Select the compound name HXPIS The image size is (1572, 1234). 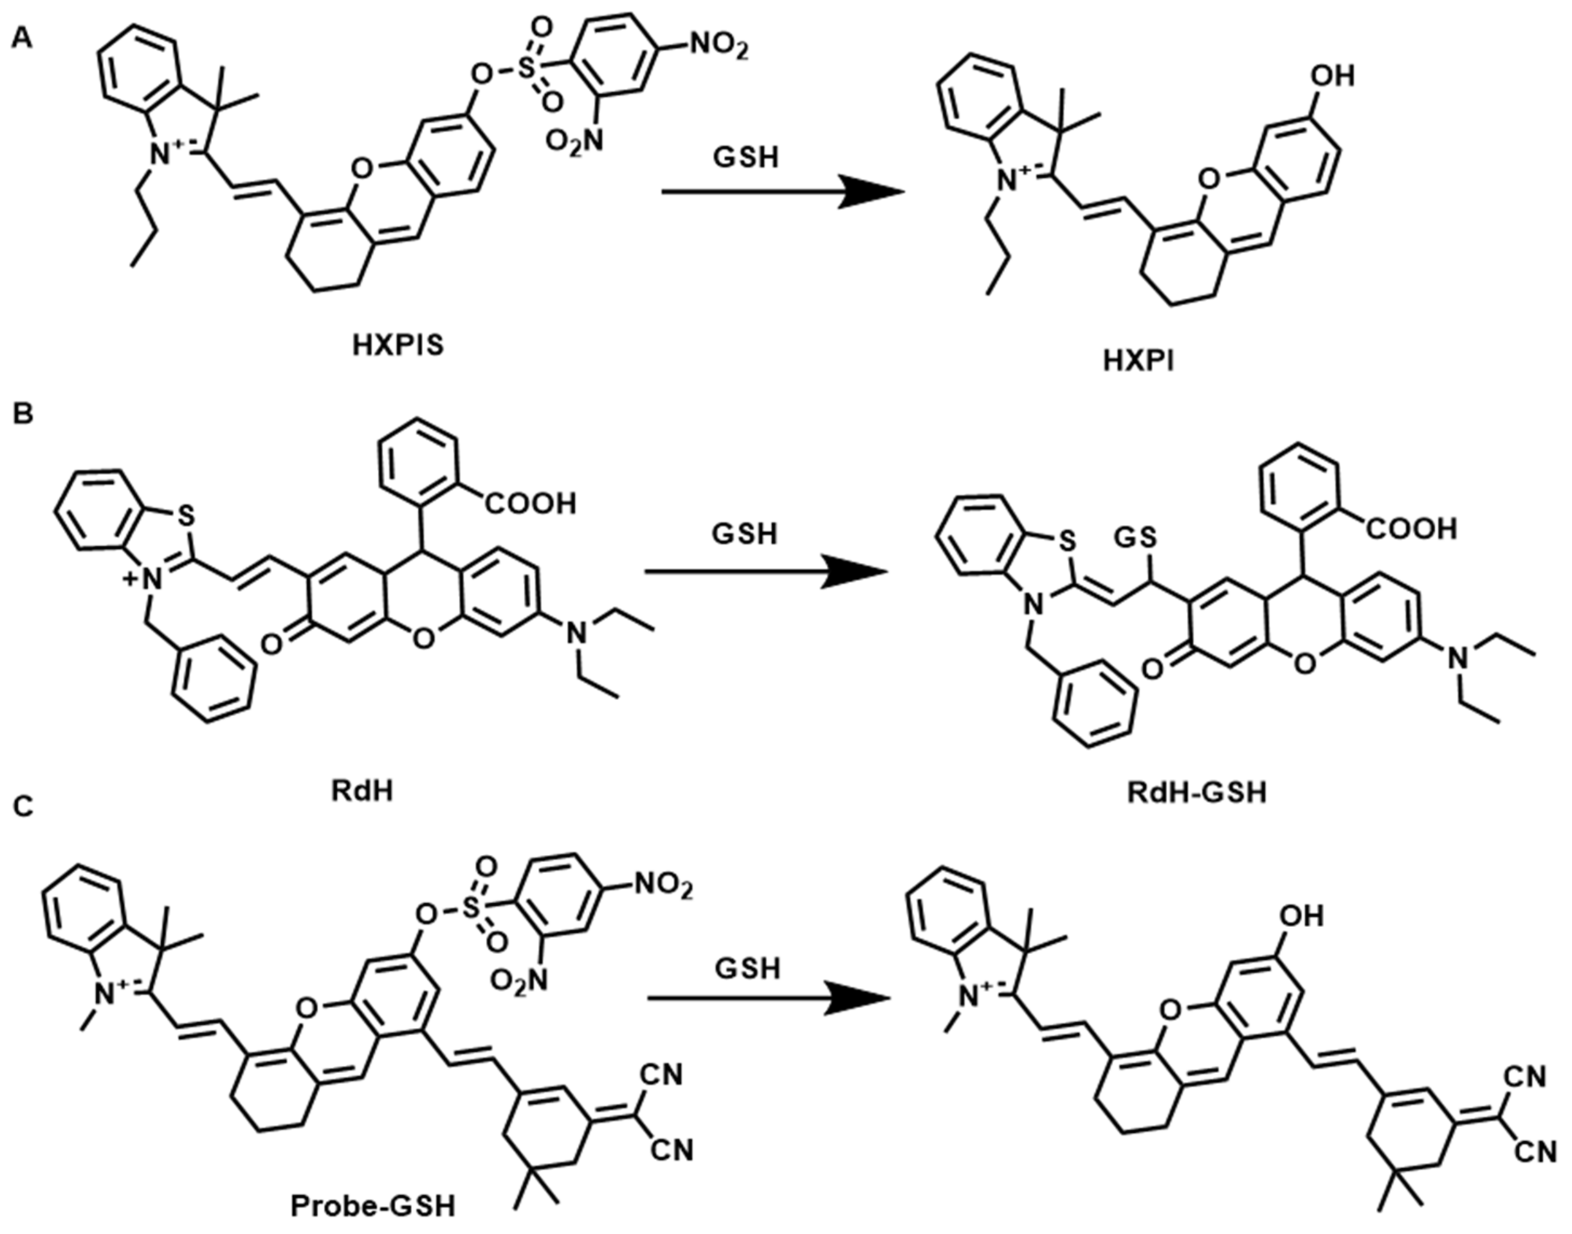point(398,346)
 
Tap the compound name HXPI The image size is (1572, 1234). point(1139,361)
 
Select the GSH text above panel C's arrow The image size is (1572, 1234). point(748,969)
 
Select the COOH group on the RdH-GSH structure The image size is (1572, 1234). point(1410,529)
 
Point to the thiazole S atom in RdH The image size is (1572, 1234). point(186,514)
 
